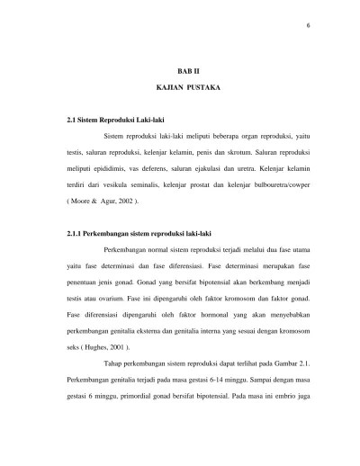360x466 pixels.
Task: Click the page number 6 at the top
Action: click(x=308, y=24)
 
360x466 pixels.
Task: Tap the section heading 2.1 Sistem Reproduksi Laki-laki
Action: click(x=110, y=118)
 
